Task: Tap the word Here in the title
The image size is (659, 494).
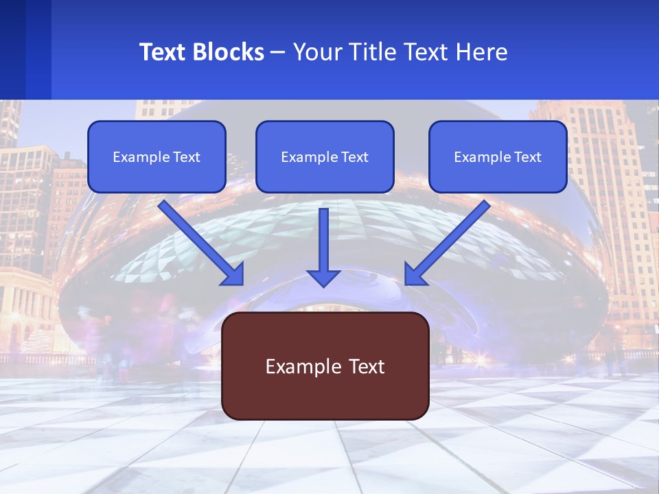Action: (482, 52)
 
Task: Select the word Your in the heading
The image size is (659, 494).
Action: (316, 52)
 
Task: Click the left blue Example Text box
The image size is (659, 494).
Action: (157, 156)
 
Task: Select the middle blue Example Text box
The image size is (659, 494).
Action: (325, 156)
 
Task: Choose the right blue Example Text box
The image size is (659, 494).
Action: (498, 156)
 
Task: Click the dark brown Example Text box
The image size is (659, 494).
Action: (325, 366)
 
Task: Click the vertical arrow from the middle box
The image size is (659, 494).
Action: (324, 240)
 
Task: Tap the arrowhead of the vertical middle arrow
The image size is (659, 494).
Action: (324, 277)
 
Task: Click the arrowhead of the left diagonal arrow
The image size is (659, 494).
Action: (233, 274)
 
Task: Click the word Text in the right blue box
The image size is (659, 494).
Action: (528, 157)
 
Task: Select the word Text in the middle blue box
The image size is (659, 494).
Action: (355, 157)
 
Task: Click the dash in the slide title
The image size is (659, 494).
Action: (278, 53)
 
